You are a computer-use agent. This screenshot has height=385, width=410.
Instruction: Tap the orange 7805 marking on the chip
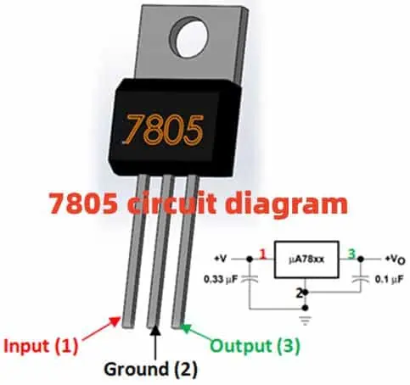coord(165,129)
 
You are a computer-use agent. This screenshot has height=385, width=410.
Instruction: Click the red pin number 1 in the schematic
coord(264,253)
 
